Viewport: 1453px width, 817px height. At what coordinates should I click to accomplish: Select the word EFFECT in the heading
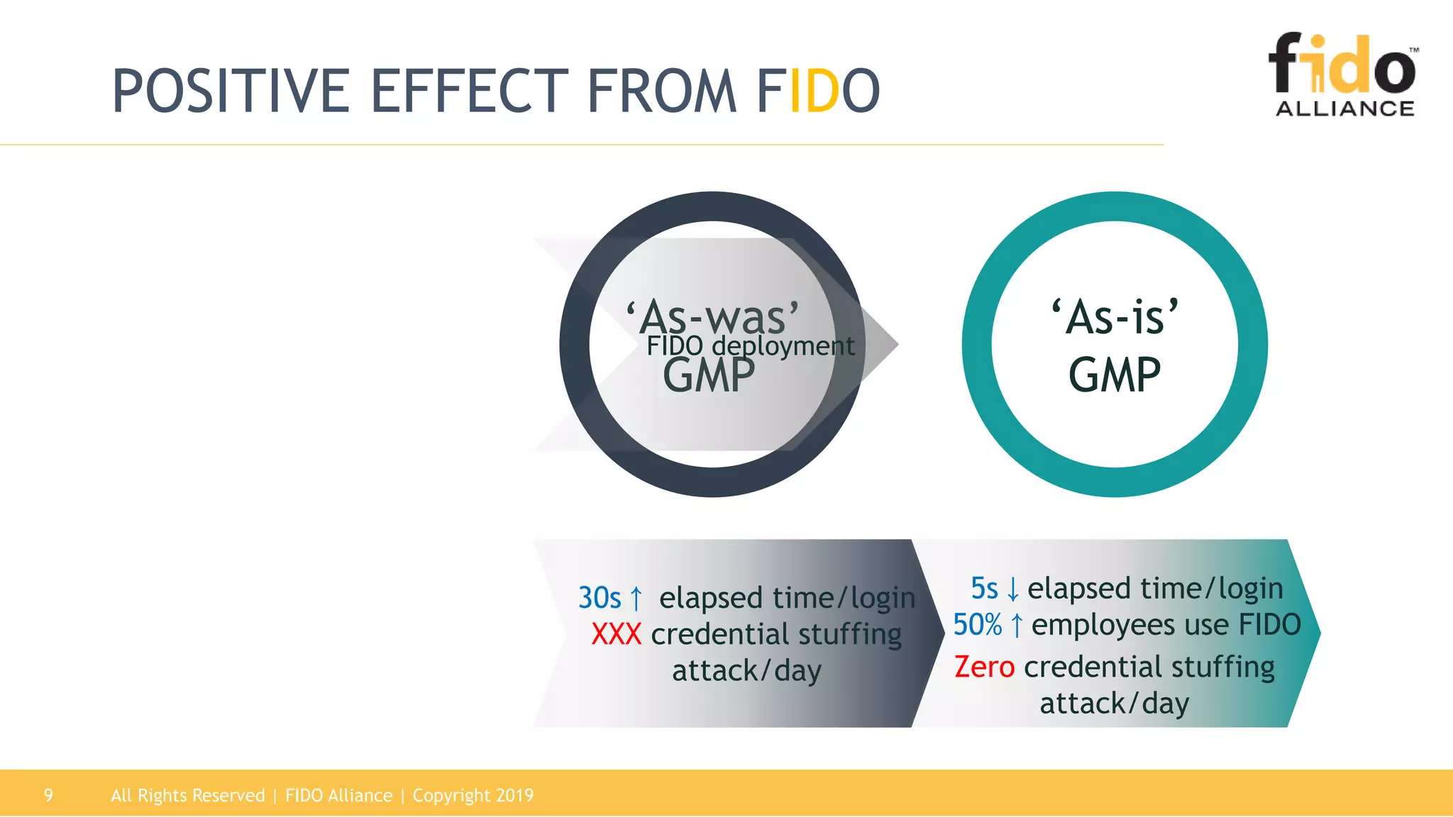[469, 91]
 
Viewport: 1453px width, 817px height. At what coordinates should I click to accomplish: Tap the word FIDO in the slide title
[818, 91]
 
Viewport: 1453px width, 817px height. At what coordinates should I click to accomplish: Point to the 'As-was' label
[712, 316]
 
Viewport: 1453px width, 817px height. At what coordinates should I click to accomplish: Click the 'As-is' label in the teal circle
[1115, 316]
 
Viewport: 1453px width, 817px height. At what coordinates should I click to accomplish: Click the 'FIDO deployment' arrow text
[750, 346]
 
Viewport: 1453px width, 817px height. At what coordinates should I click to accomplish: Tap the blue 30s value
[600, 598]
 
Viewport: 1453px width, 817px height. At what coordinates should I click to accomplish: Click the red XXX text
[616, 634]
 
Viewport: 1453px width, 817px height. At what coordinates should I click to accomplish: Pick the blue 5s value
[984, 589]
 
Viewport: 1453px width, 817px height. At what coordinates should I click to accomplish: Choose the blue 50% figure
[977, 625]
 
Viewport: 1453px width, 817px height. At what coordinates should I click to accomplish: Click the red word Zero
[984, 667]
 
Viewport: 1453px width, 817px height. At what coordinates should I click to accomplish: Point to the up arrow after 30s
[636, 599]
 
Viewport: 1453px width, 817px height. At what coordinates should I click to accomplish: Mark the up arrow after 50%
[1017, 626]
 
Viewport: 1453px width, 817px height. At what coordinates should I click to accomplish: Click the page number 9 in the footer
[48, 795]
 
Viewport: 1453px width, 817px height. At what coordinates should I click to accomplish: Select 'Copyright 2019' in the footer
[473, 795]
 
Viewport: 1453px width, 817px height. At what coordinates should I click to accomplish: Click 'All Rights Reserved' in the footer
[187, 795]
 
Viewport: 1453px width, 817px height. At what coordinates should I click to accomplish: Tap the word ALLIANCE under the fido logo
[1344, 109]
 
